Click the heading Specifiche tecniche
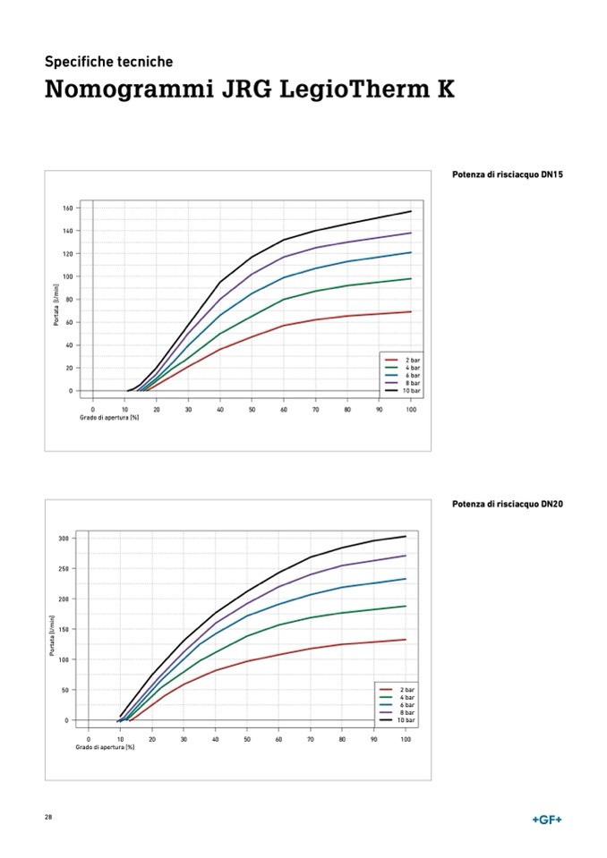pos(108,62)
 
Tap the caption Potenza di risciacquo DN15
pos(507,174)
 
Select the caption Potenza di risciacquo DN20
pos(507,504)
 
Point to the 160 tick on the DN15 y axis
pos(67,208)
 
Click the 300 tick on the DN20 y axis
pos(64,538)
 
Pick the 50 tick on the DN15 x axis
pos(252,409)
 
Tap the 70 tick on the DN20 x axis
pos(310,739)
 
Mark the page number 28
pos(48,818)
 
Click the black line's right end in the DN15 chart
pos(411,211)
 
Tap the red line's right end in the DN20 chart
pos(406,639)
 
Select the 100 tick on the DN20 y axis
pos(64,659)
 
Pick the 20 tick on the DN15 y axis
pos(68,368)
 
